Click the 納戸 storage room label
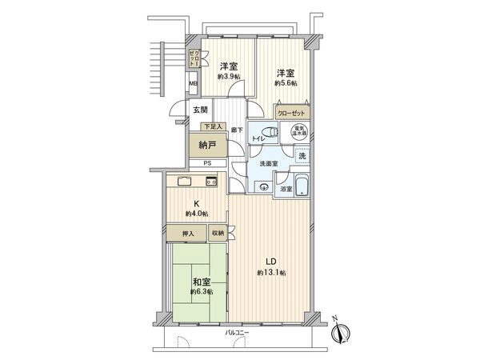click(x=207, y=146)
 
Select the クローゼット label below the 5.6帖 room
click(x=291, y=113)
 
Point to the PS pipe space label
click(x=207, y=164)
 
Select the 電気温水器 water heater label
click(x=297, y=131)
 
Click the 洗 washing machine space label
click(x=302, y=155)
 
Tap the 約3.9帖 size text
click(x=229, y=78)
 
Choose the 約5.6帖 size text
click(x=286, y=82)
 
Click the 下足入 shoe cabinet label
click(x=212, y=127)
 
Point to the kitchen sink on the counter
click(x=184, y=180)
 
